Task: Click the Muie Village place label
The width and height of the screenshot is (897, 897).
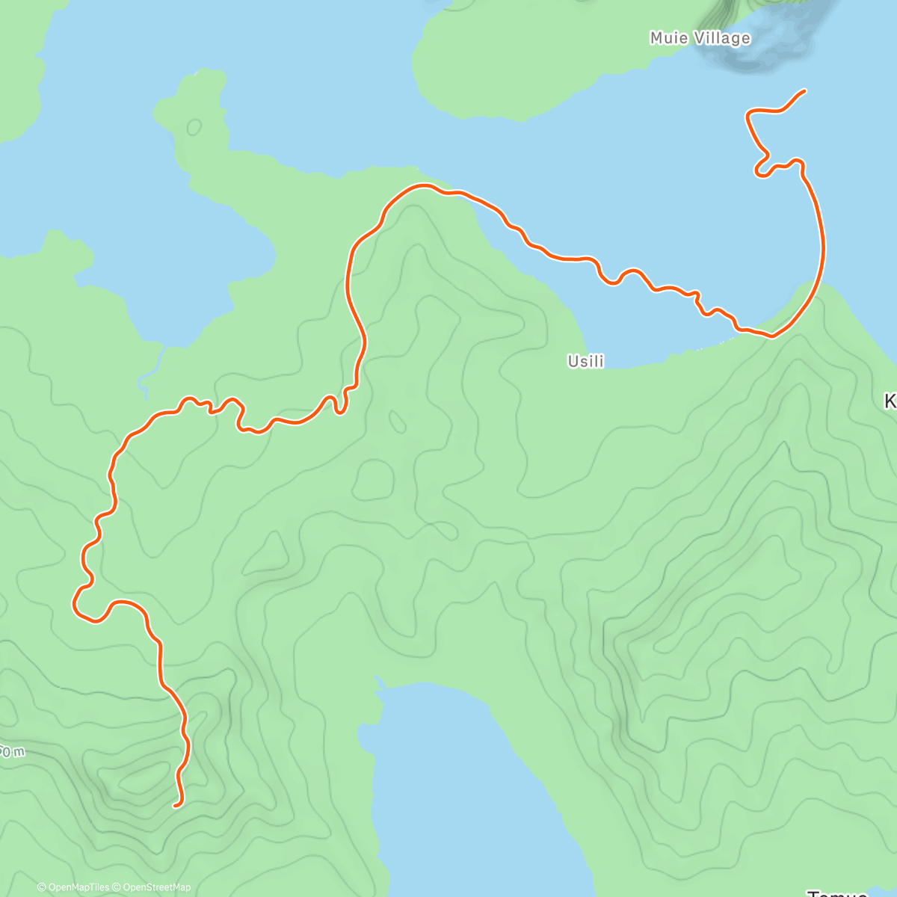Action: tap(700, 38)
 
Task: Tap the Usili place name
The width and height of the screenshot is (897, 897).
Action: tap(585, 362)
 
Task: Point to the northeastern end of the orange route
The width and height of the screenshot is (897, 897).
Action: tap(804, 90)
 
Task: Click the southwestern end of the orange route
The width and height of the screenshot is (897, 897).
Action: tap(175, 805)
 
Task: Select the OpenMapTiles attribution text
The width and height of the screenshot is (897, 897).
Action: tap(78, 887)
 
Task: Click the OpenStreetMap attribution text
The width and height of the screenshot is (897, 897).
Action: tap(157, 887)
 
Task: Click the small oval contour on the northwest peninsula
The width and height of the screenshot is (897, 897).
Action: tap(194, 127)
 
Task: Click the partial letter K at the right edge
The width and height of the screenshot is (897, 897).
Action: tap(890, 402)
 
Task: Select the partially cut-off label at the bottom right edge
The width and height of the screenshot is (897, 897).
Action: tap(837, 892)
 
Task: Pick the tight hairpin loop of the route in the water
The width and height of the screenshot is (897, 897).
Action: tap(762, 169)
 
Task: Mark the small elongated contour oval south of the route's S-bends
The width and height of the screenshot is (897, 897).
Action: tap(397, 422)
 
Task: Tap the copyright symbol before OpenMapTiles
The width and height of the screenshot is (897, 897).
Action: tap(42, 887)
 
